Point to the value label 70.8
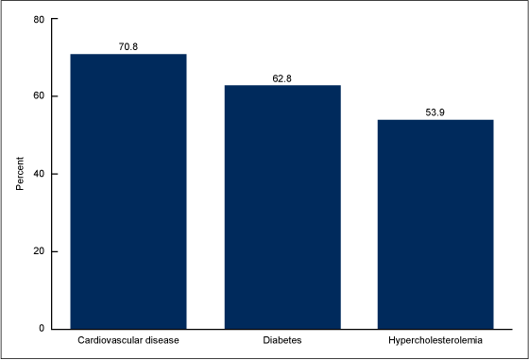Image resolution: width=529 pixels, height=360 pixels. (x=128, y=45)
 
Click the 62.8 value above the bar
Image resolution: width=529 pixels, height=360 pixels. (x=282, y=77)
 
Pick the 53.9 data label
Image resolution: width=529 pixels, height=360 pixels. (x=435, y=111)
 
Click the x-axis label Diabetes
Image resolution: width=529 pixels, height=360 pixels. (x=282, y=338)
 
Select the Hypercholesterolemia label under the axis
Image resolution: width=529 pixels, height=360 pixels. (x=435, y=338)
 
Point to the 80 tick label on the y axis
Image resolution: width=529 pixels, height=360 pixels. (x=39, y=19)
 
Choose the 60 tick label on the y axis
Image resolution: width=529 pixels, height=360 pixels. (x=39, y=96)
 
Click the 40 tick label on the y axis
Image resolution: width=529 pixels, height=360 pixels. (x=39, y=174)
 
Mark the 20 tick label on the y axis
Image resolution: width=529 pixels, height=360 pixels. (x=39, y=251)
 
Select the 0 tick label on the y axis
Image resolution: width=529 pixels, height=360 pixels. (x=42, y=329)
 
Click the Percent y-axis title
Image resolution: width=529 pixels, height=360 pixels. (x=20, y=174)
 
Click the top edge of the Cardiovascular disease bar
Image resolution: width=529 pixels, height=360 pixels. (x=128, y=55)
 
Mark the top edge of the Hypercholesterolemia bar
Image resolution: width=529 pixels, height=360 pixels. (x=435, y=120)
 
